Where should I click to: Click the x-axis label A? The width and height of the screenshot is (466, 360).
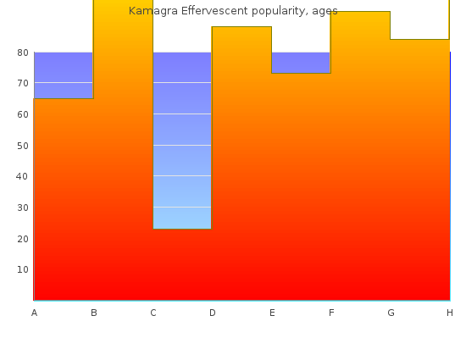click(x=34, y=313)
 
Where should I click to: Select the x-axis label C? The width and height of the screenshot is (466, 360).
click(x=153, y=313)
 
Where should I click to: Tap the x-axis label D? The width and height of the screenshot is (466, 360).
click(x=213, y=313)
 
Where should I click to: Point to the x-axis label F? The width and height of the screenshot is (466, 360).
click(x=331, y=313)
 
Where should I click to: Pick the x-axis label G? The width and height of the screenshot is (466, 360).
click(x=391, y=313)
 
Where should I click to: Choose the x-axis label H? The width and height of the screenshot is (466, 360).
click(x=450, y=313)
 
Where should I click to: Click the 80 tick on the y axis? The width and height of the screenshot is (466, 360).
click(x=23, y=53)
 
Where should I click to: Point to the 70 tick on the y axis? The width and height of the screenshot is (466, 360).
click(x=23, y=84)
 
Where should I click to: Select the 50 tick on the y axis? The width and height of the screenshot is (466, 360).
click(x=23, y=146)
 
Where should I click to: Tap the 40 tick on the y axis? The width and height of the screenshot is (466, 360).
click(x=22, y=176)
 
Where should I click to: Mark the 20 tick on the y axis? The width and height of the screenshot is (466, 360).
click(x=23, y=239)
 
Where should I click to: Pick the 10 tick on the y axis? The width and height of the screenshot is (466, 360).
click(x=23, y=269)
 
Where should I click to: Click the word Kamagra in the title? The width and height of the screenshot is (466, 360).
click(x=153, y=11)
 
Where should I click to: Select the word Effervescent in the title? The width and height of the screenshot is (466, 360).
click(x=214, y=11)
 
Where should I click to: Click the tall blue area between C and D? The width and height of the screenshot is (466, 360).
click(x=182, y=141)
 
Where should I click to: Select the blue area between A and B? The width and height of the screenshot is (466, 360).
click(x=64, y=75)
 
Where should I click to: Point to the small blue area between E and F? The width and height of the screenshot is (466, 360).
click(x=301, y=63)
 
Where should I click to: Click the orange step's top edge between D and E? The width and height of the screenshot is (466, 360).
click(x=241, y=27)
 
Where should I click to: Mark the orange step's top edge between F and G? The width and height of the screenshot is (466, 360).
click(x=360, y=12)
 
